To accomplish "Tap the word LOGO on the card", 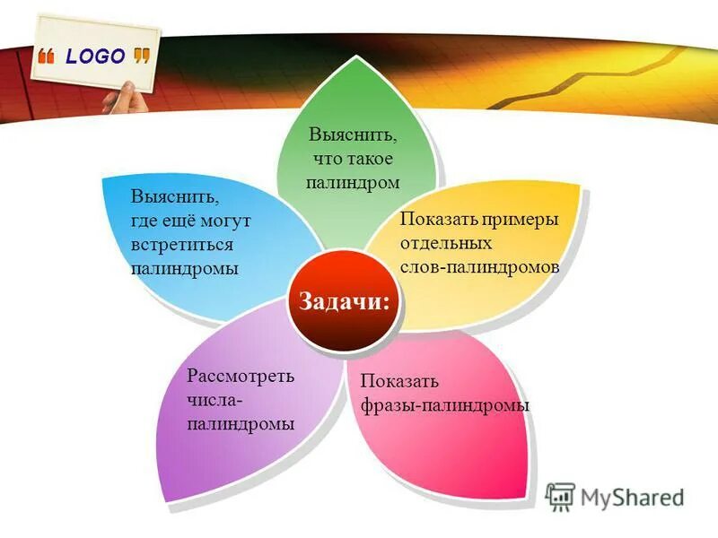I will pos(95,56).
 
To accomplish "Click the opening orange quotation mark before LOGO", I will pos(47,57).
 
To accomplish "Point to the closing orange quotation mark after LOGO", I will pos(141,56).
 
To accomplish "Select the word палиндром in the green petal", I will pos(352,181).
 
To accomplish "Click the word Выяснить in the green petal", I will pos(352,135).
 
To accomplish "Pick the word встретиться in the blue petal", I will pos(182,244).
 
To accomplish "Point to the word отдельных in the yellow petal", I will pos(446,243).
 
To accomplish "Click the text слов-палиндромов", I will pos(480,267).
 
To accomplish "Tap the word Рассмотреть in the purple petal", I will pos(240,376).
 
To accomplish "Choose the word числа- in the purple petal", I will pos(215,400).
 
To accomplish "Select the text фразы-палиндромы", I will pos(444,405).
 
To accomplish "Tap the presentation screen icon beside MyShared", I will pos(560,497).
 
